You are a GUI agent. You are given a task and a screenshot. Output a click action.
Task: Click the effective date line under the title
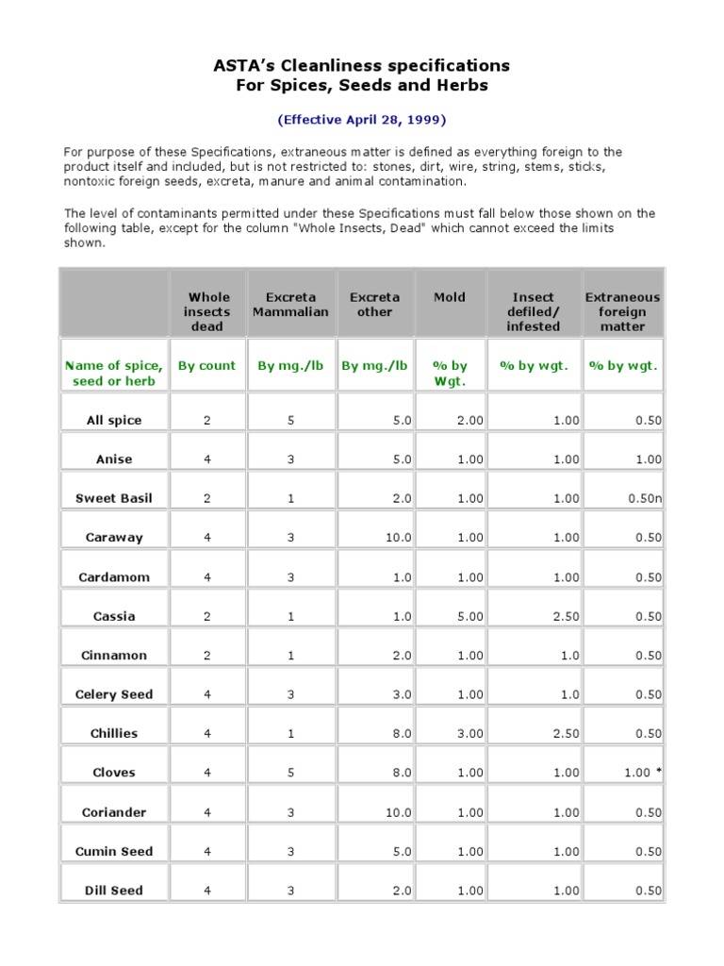pos(361,120)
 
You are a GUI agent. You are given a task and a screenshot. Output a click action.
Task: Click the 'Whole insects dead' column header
pos(207,311)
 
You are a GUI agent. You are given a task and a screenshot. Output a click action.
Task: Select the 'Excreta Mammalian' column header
pos(290,304)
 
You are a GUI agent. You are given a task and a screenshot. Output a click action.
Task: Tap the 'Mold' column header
pos(449,297)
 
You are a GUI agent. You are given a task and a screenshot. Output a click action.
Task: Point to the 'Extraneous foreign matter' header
pos(622,311)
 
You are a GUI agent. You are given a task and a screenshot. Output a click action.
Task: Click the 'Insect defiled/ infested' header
pos(533,311)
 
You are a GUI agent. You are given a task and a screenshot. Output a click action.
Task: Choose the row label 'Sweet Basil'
pos(114,498)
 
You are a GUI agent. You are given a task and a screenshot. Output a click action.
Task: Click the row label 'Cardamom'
pos(114,576)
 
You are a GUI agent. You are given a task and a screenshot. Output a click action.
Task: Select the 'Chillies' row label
pos(114,733)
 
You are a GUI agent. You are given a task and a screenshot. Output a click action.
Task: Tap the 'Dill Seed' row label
pos(114,890)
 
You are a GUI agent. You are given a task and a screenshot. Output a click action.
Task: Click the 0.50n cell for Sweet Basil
pos(645,498)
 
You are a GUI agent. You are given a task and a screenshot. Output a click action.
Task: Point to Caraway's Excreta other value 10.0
pos(396,538)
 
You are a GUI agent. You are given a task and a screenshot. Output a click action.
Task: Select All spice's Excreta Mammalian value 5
pos(290,420)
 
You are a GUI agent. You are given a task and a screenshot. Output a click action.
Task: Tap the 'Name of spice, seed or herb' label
pos(114,374)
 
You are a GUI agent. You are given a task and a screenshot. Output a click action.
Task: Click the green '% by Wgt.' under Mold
pos(449,374)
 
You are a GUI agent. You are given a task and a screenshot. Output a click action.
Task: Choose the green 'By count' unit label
pos(207,366)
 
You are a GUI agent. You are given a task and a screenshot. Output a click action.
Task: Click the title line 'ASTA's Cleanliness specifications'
pos(361,65)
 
